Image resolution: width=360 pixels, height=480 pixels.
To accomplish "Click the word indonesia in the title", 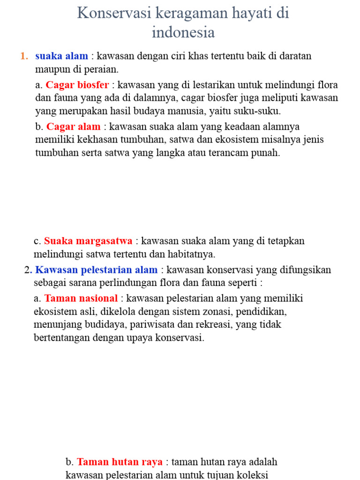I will click(183, 32).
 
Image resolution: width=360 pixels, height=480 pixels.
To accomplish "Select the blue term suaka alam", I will click(61, 56).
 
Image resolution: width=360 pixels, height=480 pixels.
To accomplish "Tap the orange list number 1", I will click(24, 56).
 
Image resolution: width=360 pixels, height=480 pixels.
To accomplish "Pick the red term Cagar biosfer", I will click(77, 85).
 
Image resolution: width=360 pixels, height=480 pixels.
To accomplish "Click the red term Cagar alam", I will click(73, 127).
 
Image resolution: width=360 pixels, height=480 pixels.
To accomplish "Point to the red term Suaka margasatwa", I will click(88, 241).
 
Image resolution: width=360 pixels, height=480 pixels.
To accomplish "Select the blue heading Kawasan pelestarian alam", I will click(97, 270).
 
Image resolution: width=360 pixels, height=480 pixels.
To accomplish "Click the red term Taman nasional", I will click(81, 298).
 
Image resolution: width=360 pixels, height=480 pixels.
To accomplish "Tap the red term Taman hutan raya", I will click(120, 462).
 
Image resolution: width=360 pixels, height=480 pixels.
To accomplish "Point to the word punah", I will click(266, 153).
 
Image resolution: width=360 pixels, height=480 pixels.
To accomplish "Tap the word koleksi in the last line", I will click(253, 475).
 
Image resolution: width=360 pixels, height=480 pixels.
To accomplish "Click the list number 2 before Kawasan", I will click(28, 270).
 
